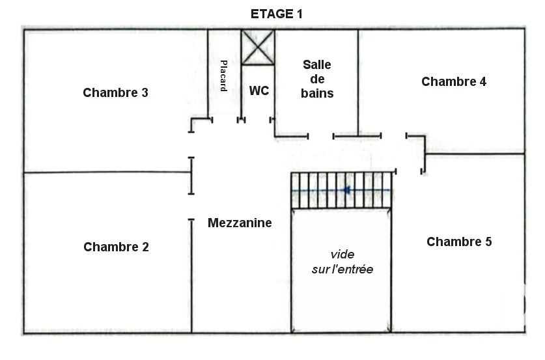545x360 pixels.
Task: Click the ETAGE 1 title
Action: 276,14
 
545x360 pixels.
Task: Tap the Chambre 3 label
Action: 115,93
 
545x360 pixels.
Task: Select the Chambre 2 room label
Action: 116,247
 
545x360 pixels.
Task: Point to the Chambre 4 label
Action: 454,81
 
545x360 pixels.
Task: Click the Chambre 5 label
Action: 459,242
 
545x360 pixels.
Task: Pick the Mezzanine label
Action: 240,223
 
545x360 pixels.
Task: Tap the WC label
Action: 259,90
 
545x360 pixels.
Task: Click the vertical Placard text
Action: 223,76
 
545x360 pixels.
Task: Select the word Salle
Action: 316,64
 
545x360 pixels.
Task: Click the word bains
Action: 317,93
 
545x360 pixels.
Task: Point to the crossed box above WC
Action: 258,48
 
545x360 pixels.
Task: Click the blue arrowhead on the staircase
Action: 346,190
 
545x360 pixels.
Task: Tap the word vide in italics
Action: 342,255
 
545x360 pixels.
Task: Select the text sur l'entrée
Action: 342,270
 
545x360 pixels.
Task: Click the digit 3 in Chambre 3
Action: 145,93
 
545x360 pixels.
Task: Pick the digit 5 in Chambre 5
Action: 488,242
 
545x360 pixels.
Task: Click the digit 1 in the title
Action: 300,14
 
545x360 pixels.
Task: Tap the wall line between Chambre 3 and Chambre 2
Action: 107,172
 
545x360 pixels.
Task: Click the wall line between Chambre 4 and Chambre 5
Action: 475,153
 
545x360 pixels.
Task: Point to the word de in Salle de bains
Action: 317,79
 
